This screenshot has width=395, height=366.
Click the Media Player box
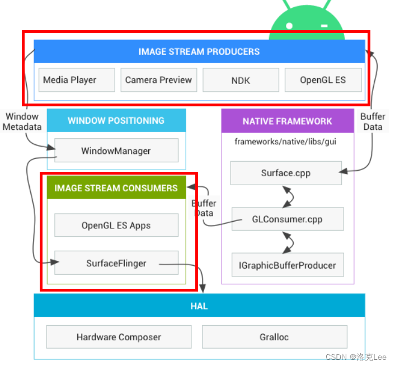coord(70,80)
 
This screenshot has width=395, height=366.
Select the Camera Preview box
coord(158,80)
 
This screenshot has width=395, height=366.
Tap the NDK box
coord(241,80)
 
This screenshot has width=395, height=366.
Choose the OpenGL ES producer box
coord(323,80)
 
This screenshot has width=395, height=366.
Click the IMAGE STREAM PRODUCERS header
coord(199,51)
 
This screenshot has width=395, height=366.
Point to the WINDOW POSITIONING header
coord(116,121)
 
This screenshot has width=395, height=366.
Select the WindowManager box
coord(116,151)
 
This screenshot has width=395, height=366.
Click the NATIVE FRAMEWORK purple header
coord(287,121)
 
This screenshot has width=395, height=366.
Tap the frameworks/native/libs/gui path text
coord(285,142)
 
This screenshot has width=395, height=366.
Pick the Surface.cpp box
coord(285,173)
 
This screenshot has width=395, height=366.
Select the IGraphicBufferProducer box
coord(288,265)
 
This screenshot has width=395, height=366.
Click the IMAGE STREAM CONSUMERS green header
coord(116,188)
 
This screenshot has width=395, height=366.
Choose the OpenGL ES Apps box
coord(116,226)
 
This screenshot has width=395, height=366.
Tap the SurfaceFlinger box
coord(116,263)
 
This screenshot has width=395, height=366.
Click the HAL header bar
coord(199,306)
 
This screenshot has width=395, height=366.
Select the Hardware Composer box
coord(119,337)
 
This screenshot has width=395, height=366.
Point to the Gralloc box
coord(274,337)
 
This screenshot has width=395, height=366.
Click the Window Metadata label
coord(22,121)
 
